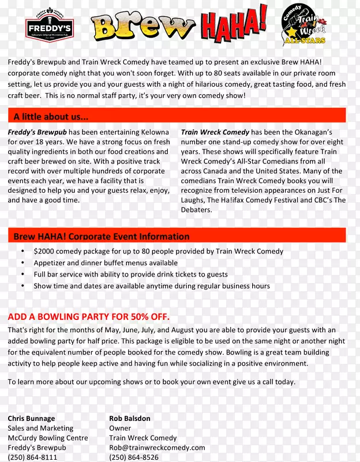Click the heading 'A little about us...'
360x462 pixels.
[x=51, y=117]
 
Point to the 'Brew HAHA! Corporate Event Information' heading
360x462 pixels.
[x=102, y=236]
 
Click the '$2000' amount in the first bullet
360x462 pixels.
[x=44, y=251]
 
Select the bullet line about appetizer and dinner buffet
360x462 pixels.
[x=106, y=263]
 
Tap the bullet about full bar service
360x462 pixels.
[x=130, y=274]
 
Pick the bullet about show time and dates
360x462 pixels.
[x=151, y=286]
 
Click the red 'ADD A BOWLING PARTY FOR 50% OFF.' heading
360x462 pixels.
[x=89, y=317]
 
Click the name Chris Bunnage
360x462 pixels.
[x=31, y=418]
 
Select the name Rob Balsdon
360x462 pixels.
[x=129, y=418]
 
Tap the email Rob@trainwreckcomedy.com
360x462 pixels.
[x=157, y=448]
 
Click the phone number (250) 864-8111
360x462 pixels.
[x=32, y=457]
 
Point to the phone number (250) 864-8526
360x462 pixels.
[x=134, y=457]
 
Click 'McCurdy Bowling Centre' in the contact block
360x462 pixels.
[x=48, y=438]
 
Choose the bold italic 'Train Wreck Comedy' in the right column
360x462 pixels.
[x=215, y=132]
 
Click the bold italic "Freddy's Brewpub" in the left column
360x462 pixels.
[x=37, y=132]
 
